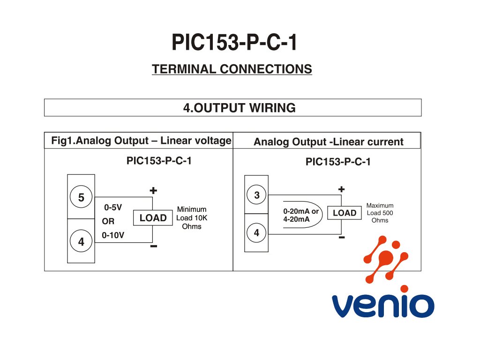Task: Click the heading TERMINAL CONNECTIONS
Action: [x=232, y=69]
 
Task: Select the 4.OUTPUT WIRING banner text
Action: [x=239, y=108]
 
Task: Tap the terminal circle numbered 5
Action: [x=81, y=198]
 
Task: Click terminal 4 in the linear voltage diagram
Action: [x=81, y=242]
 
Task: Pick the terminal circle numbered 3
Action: [x=256, y=195]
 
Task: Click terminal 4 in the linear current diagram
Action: [x=256, y=232]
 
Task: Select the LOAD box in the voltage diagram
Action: [x=153, y=218]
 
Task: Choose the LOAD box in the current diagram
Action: [x=345, y=213]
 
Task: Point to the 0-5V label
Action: [x=113, y=207]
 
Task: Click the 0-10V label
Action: [x=113, y=235]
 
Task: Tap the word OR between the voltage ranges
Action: [x=108, y=221]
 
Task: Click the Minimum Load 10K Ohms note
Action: [x=191, y=218]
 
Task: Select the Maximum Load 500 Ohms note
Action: [x=380, y=213]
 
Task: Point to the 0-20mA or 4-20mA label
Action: [x=300, y=215]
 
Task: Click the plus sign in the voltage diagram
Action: [x=153, y=191]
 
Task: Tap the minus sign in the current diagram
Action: [x=342, y=238]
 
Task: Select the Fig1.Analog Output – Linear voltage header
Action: [x=141, y=141]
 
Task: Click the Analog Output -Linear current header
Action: [x=328, y=142]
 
